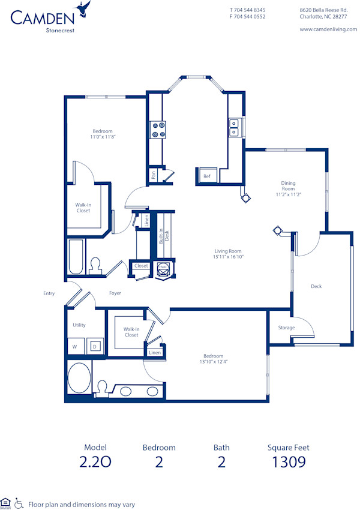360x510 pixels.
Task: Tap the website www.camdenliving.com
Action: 328,29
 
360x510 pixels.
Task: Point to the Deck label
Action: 316,286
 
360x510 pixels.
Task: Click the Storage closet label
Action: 286,328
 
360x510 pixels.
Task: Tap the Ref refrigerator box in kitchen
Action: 207,176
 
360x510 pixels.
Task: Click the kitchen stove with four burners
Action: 158,130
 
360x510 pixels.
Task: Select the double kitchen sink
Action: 233,128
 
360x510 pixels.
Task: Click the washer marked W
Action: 75,346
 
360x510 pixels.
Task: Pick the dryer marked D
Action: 94,346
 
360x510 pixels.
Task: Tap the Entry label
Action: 49,293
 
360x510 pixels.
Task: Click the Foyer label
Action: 115,293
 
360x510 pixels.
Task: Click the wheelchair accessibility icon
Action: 19,504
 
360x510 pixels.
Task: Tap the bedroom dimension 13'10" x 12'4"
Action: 214,361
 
